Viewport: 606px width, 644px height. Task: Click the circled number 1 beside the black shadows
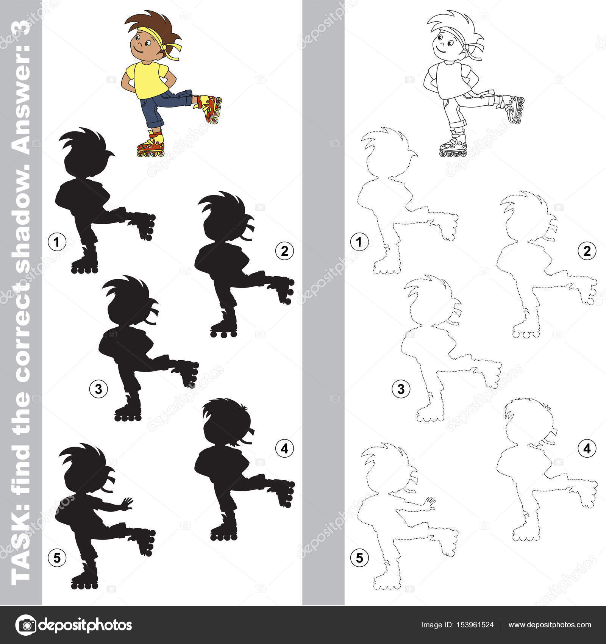[57, 242]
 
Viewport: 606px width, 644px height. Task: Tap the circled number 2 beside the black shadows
[284, 250]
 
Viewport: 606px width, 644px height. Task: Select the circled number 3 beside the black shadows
[98, 389]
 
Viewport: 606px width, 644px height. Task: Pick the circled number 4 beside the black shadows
[284, 448]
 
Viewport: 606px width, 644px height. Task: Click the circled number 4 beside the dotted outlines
[587, 448]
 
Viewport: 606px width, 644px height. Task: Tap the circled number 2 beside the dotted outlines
[587, 250]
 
